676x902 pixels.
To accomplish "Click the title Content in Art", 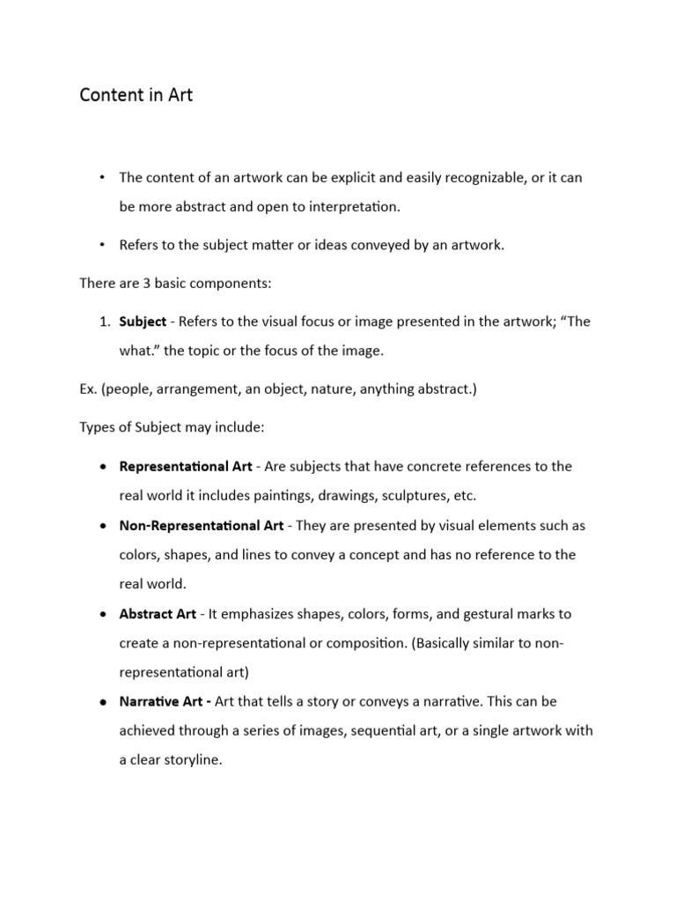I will pos(136,95).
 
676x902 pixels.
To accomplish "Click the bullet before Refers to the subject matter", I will pos(102,245).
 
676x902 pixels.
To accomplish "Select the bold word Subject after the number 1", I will pos(143,322).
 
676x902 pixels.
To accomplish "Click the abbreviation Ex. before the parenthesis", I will pos(89,389).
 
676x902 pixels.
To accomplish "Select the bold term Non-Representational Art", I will pos(202,526).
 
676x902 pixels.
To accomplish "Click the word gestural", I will pos(487,614).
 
